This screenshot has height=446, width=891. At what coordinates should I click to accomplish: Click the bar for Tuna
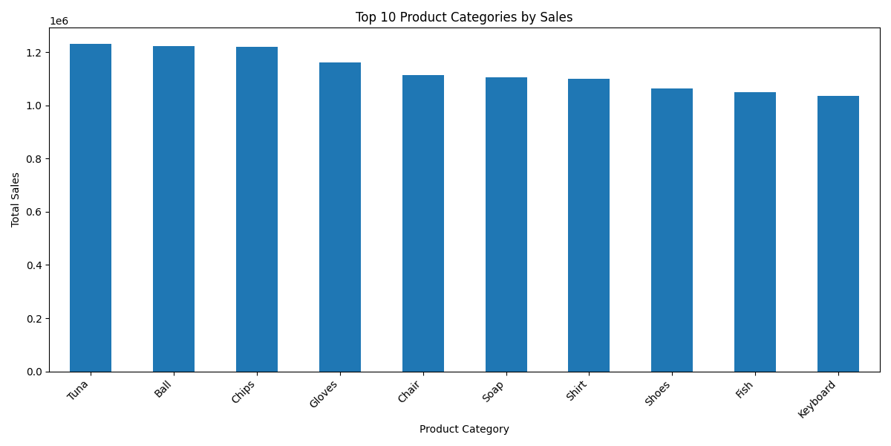(91, 208)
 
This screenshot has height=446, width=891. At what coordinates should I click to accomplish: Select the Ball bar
(174, 209)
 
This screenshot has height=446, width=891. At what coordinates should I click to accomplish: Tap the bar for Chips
(257, 210)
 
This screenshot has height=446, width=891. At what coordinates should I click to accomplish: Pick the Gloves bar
(340, 217)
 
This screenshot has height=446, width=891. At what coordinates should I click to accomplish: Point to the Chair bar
(423, 224)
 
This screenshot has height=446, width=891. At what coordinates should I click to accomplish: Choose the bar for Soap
(506, 224)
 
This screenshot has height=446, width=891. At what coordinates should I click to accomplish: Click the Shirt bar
(589, 225)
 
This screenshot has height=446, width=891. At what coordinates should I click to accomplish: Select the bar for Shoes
(672, 230)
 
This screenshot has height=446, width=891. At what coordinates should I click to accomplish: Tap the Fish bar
(755, 232)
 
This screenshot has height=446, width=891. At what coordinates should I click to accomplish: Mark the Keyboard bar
(838, 233)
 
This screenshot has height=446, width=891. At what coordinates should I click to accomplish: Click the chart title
(464, 17)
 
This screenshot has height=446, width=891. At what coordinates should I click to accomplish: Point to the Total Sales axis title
(15, 200)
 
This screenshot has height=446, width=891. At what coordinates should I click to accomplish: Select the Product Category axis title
(464, 429)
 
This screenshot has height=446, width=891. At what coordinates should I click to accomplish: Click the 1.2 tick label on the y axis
(35, 53)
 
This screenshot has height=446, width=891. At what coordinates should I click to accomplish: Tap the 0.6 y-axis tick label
(35, 213)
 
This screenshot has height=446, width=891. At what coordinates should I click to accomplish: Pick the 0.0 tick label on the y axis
(35, 372)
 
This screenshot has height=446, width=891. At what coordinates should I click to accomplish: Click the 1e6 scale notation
(59, 21)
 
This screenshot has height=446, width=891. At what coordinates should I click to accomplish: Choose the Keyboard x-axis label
(817, 399)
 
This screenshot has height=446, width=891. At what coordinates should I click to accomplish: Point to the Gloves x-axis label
(324, 394)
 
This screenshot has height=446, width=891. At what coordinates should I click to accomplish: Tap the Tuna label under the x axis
(77, 390)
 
